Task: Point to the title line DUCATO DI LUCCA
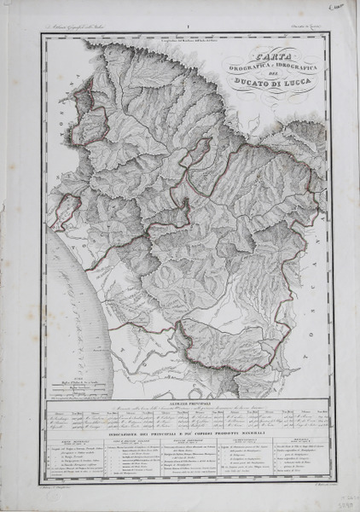(x=264, y=83)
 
